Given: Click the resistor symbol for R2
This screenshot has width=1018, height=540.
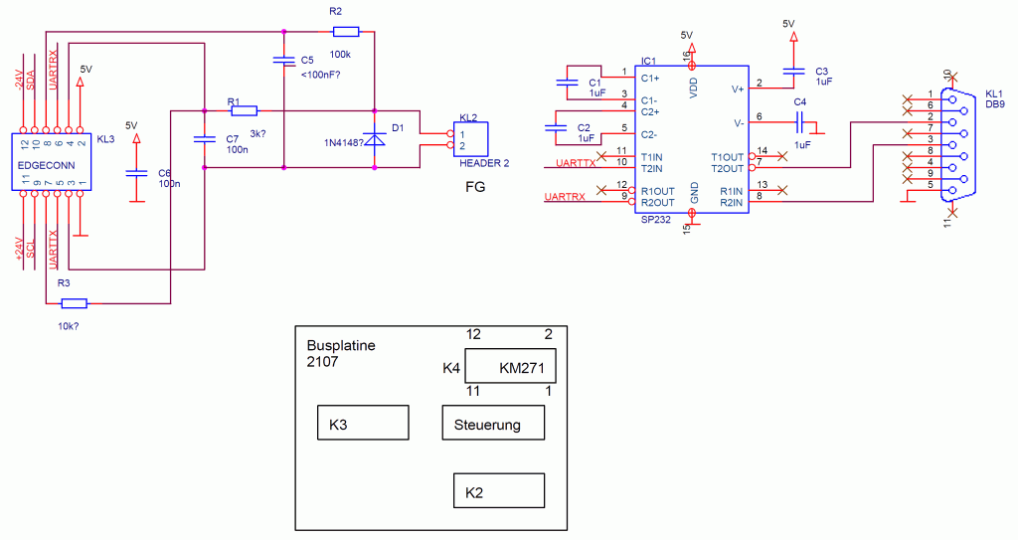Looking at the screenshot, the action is click(x=345, y=31).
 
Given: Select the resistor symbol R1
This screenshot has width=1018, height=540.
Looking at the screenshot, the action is click(x=245, y=111).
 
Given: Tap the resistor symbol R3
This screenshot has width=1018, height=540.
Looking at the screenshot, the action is click(x=74, y=302).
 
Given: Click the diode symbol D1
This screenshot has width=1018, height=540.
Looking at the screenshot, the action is click(x=374, y=139).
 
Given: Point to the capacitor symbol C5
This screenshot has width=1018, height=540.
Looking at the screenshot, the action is click(x=284, y=60).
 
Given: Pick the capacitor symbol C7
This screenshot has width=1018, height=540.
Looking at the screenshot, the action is click(x=205, y=138).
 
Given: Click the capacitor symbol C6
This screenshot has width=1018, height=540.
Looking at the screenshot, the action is click(x=136, y=173).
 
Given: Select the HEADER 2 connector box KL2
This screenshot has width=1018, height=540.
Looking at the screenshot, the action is click(x=470, y=139).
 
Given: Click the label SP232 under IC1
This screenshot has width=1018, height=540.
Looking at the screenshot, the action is click(x=656, y=220).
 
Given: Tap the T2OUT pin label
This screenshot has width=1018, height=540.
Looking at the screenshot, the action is click(x=727, y=168).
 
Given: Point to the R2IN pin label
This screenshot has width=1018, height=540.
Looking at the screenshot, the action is click(x=731, y=203).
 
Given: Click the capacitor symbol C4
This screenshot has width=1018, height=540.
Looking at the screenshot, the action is click(x=800, y=121).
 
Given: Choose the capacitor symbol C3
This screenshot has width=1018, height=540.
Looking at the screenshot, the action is click(x=793, y=71).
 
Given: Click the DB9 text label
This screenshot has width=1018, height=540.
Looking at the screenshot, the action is click(x=994, y=104).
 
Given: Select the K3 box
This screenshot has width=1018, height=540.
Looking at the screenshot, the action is click(x=363, y=423).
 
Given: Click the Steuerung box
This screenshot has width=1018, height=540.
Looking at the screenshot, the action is click(x=493, y=423).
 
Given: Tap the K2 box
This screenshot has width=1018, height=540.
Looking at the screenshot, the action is click(x=499, y=490).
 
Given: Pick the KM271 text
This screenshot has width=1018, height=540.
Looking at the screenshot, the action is click(x=522, y=368).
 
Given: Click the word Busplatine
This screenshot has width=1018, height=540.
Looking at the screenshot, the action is click(x=341, y=346).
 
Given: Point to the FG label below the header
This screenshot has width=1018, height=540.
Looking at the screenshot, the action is click(x=475, y=187).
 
